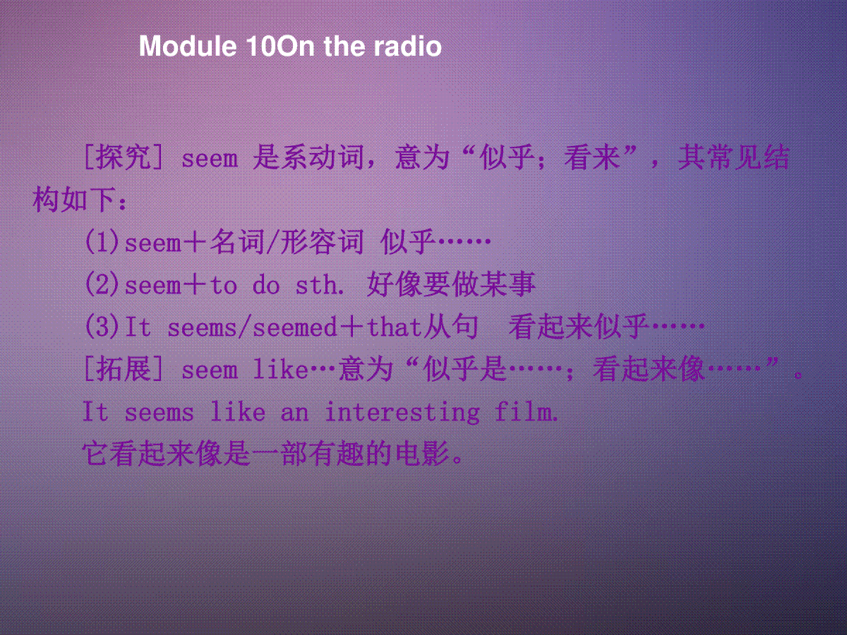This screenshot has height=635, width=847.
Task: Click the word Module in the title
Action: (x=188, y=47)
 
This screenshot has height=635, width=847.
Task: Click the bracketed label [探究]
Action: (x=123, y=157)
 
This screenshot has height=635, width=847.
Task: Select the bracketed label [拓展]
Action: (x=123, y=369)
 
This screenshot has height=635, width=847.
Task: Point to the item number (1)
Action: (x=102, y=242)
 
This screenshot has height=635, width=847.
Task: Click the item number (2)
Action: (x=102, y=284)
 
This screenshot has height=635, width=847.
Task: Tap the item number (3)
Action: (x=102, y=327)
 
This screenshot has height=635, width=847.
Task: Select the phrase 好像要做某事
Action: (x=451, y=284)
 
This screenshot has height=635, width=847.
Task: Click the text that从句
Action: (x=422, y=327)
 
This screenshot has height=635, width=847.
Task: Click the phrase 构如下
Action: (x=73, y=200)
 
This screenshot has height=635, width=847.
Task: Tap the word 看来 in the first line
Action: (x=592, y=157)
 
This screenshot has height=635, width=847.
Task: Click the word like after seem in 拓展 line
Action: (x=280, y=369)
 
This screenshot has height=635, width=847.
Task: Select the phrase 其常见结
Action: (x=733, y=157)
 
